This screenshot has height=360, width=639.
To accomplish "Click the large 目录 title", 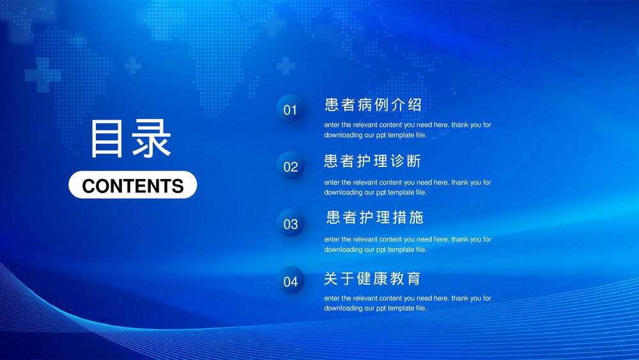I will point(131,139).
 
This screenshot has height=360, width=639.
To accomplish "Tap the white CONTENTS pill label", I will point(133,185).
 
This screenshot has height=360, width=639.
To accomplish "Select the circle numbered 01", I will point(291,109).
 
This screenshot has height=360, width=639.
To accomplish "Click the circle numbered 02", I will point(291,166).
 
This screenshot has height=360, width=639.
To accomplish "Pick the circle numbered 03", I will point(291,224).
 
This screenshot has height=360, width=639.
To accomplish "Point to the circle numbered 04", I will point(291,281).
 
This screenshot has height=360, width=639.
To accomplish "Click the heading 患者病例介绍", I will point(373,105).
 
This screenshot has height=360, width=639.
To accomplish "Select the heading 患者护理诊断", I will point(373,161).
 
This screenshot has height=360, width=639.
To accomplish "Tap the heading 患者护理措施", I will point(374,217).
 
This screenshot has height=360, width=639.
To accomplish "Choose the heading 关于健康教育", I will point(373,279).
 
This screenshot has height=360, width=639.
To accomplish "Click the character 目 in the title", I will point(107,139).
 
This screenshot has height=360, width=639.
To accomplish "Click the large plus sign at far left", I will point(43,75).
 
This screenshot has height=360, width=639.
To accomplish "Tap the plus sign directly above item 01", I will point(286,65).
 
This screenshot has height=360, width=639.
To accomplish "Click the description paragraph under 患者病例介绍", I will point(407,130).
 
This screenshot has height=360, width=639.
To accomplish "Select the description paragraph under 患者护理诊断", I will point(407,187).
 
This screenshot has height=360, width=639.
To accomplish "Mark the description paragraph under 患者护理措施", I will point(407,244).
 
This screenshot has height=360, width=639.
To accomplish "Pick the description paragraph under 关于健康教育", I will point(407,303).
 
